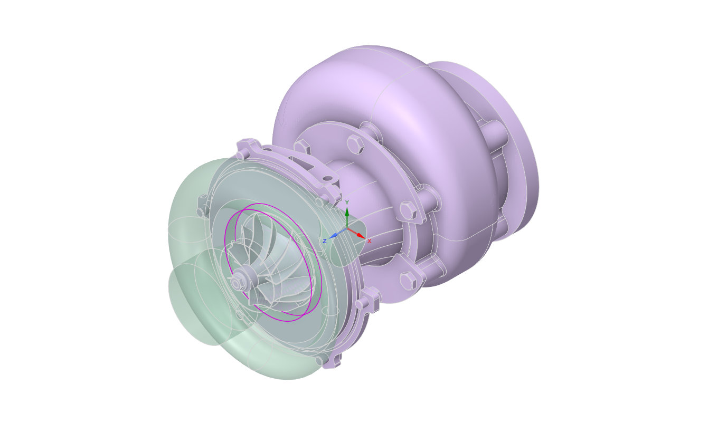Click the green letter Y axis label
click(347, 203)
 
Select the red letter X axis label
click(369, 242)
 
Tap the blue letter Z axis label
click(325, 242)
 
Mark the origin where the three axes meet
click(347, 228)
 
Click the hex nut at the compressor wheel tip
click(236, 284)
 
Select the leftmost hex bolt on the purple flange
click(301, 147)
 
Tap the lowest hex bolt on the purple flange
click(407, 281)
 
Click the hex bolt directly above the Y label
click(354, 143)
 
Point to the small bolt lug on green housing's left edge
click(202, 206)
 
